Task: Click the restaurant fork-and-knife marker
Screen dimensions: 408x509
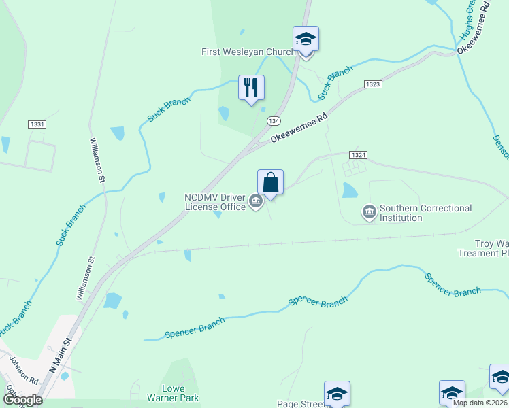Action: (x=251, y=88)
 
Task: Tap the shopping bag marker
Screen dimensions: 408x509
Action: (x=270, y=182)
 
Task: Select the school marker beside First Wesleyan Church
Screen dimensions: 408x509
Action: (x=306, y=39)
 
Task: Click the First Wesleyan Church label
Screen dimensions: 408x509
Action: (x=248, y=52)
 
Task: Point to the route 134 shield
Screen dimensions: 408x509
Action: (x=274, y=120)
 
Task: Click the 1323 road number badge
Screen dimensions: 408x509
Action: (x=372, y=84)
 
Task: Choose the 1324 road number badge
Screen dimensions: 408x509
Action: (x=359, y=155)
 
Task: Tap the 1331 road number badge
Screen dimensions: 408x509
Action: (x=37, y=124)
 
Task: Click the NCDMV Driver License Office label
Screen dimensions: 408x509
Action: (x=214, y=202)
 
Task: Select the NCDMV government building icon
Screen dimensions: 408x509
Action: (x=256, y=201)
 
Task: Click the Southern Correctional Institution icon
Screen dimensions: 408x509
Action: (x=369, y=212)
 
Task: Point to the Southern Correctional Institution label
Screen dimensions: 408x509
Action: (x=425, y=213)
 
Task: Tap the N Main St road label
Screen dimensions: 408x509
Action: (x=60, y=355)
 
